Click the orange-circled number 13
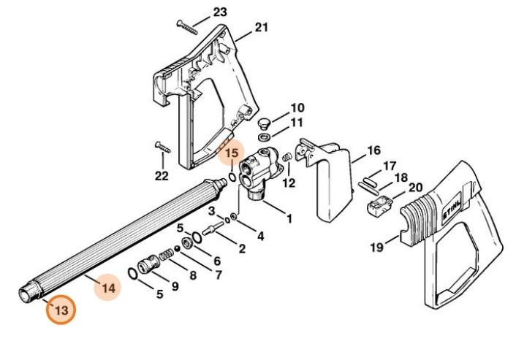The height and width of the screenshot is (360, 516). point(61,310)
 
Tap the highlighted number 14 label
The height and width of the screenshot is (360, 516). point(108,288)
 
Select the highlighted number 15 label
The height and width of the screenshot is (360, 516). point(231,153)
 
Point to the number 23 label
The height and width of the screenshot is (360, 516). point(219,12)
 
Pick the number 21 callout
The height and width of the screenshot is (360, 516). point(262,28)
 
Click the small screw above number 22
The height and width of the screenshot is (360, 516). point(162,147)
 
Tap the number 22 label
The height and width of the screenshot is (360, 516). point(162,176)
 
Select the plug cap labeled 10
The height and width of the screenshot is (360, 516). point(266,119)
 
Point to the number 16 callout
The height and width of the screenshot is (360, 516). point(373,150)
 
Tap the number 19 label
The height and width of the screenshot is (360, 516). point(376,248)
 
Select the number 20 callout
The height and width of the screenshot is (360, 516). point(415,188)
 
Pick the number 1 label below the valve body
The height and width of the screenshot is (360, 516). point(289,218)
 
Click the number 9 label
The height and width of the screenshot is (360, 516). point(175,287)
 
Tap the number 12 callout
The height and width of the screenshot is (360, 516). point(289,183)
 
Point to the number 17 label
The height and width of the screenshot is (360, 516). point(390,165)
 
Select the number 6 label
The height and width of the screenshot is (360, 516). point(216,261)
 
